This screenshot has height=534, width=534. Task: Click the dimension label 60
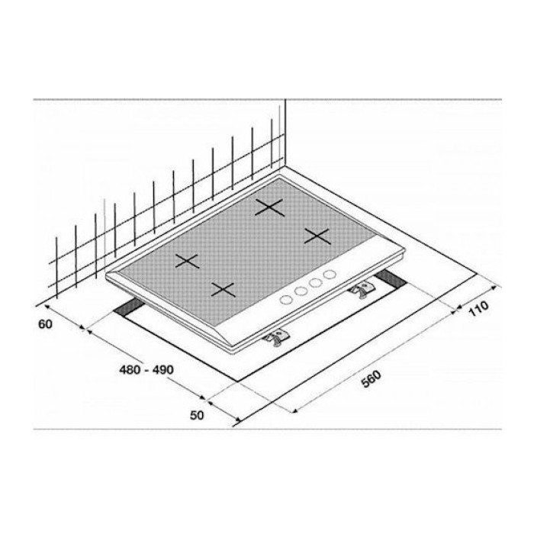pos(45,324)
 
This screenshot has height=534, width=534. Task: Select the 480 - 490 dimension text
pos(146,369)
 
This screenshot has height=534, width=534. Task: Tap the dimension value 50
pos(197,415)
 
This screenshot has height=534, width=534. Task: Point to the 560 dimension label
pos(371,379)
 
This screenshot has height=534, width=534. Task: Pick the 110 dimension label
pos(478,308)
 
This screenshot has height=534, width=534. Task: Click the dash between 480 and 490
pos(146,370)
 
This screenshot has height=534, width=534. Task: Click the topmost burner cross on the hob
pos(269,207)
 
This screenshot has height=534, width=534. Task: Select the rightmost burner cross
pos(317,236)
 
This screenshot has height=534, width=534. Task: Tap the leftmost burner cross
pos(187,261)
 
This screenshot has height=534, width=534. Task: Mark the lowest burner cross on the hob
pos(223,289)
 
